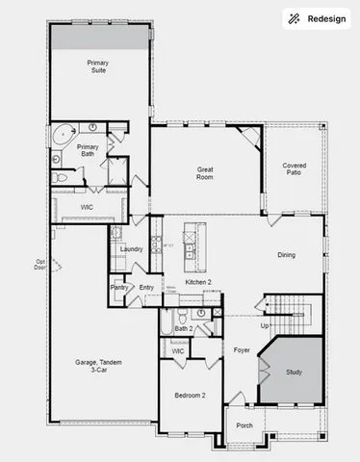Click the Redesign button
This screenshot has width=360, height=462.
[x=316, y=18]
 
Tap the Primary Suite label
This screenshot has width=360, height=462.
[x=98, y=66]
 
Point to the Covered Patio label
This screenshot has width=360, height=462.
[x=294, y=170]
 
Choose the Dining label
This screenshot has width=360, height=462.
[x=286, y=255]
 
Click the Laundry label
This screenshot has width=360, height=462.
[x=131, y=249]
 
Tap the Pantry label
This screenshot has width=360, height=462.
[x=119, y=287]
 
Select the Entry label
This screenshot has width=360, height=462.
[x=146, y=287]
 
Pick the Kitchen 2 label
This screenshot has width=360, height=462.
[x=198, y=281]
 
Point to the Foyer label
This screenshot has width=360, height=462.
[x=242, y=350]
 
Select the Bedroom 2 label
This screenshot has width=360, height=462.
[x=190, y=396]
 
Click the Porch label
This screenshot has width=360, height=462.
[x=244, y=424]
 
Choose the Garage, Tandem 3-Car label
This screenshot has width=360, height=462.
[x=93, y=367]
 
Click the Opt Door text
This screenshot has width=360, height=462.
[x=40, y=265]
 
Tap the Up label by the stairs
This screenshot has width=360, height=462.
[x=264, y=325]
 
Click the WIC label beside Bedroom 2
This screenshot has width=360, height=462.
[x=178, y=351]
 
